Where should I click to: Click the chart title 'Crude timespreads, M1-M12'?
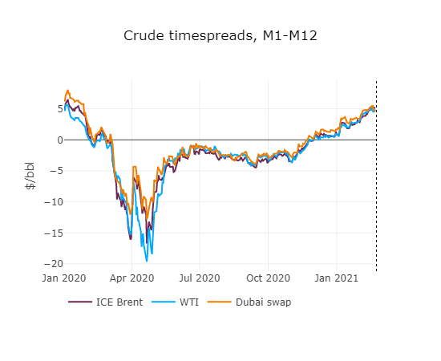point(220,36)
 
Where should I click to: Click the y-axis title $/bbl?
point(30,176)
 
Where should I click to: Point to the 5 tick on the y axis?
point(50,108)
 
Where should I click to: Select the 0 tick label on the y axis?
point(50,140)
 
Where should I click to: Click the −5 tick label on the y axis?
point(47,171)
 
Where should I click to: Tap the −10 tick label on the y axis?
point(44,201)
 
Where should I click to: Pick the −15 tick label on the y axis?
point(44,233)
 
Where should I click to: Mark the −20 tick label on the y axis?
point(44,263)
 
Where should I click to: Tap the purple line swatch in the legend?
point(80,302)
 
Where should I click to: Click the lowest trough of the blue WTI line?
point(147,261)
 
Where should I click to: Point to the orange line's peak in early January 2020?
point(68,91)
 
